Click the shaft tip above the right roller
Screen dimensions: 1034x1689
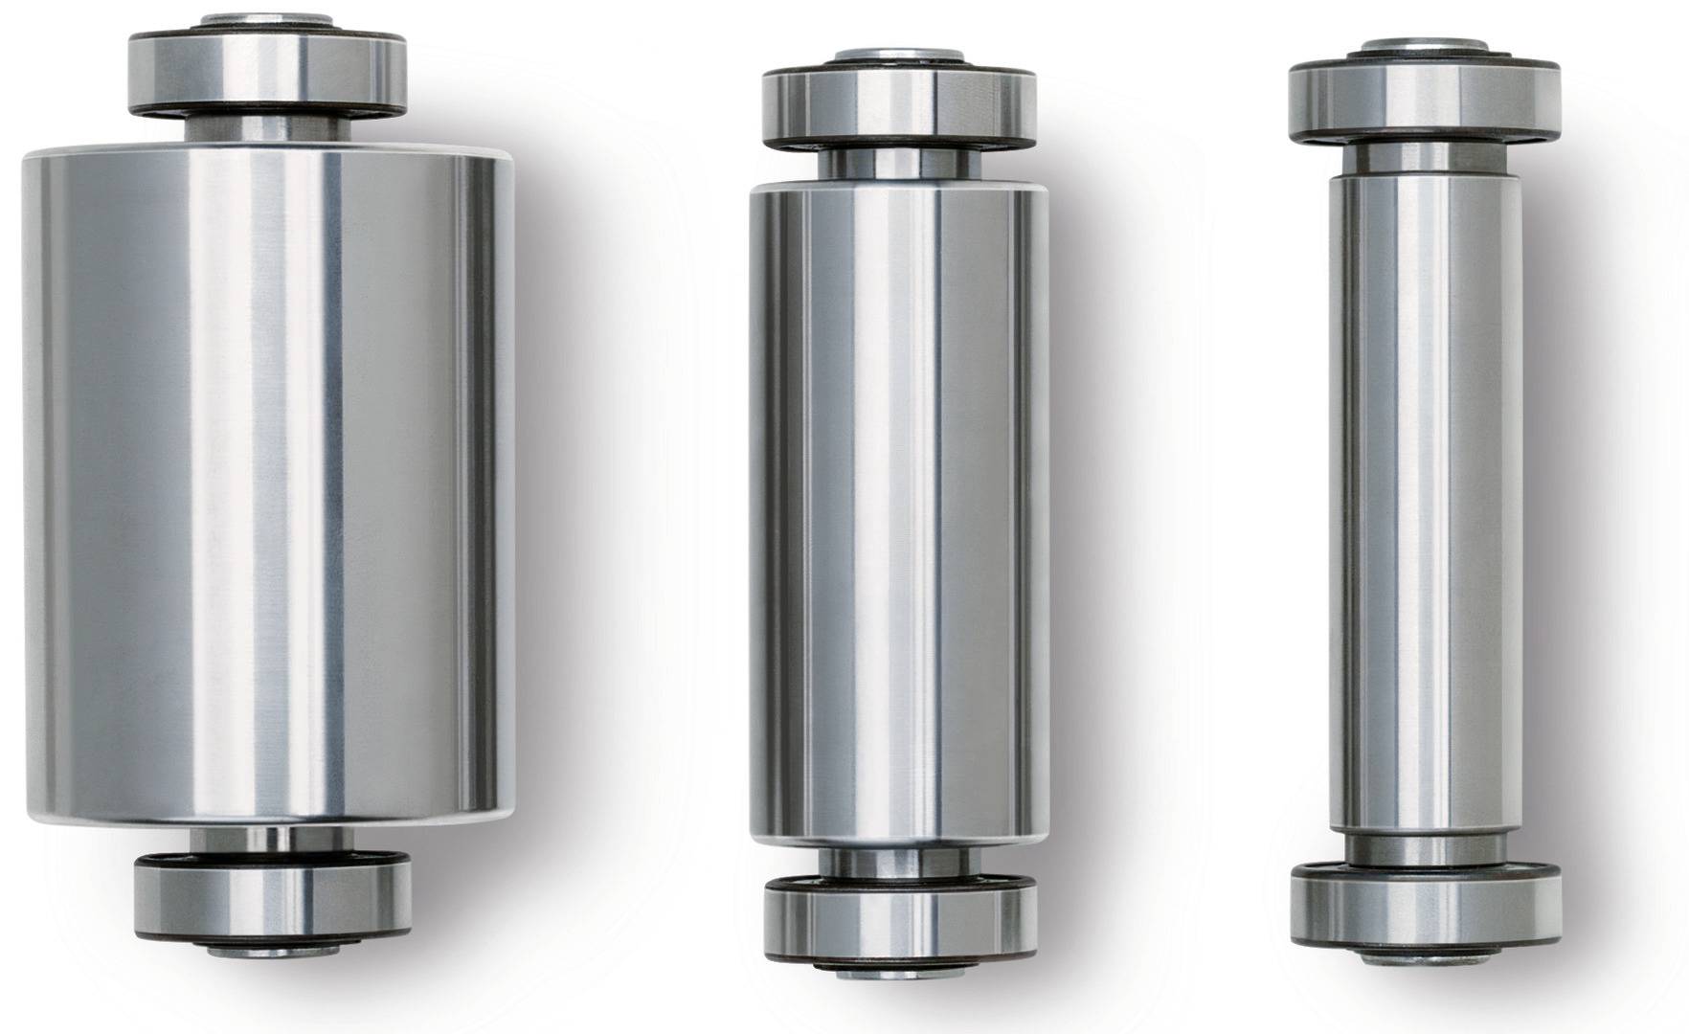tap(1425, 46)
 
